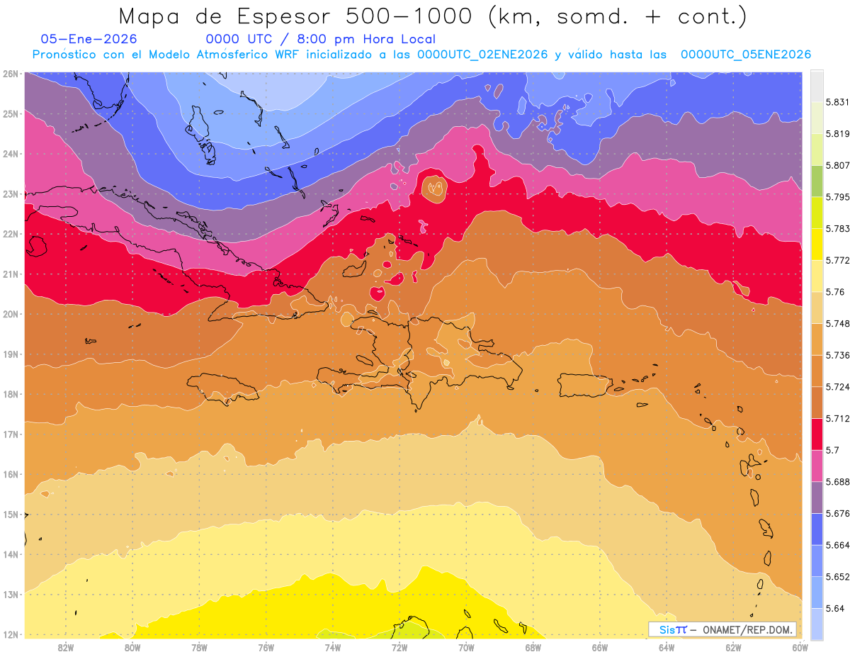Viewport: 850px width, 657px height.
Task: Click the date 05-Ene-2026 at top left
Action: [x=89, y=39]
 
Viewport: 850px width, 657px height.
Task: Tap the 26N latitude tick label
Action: [x=11, y=73]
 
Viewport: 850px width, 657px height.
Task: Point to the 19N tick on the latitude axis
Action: [x=11, y=354]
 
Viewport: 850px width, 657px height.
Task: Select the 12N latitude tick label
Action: [x=11, y=634]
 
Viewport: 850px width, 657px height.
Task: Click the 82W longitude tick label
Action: [x=66, y=646]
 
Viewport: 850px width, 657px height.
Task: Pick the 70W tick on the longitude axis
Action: [x=466, y=646]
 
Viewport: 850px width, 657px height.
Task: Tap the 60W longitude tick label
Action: [x=800, y=646]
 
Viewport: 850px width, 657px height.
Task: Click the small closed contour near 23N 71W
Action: [x=433, y=188]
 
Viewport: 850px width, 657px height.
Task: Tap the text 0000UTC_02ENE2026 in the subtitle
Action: [x=482, y=55]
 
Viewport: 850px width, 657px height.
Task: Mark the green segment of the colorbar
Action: [x=817, y=181]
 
